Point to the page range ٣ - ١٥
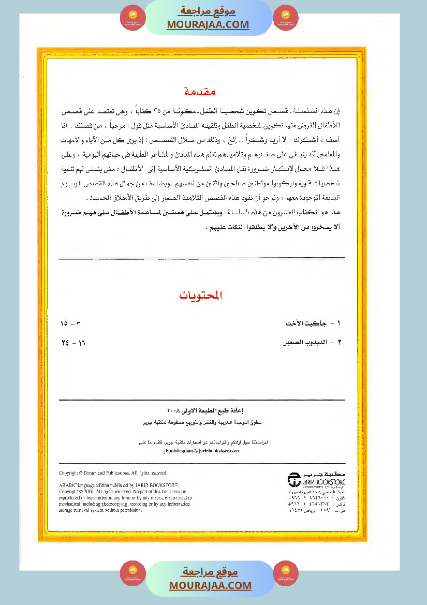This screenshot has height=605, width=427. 71,323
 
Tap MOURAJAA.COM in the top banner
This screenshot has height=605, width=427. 208,24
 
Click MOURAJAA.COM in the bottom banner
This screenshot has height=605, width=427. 210,585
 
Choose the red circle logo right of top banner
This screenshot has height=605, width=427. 286,17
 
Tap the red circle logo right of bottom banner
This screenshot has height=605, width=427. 286,573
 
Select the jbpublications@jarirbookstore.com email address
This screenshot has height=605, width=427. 201,451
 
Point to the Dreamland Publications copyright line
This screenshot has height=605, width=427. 113,473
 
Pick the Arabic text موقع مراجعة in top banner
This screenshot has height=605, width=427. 208,11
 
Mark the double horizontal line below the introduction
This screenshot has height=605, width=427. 202,258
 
